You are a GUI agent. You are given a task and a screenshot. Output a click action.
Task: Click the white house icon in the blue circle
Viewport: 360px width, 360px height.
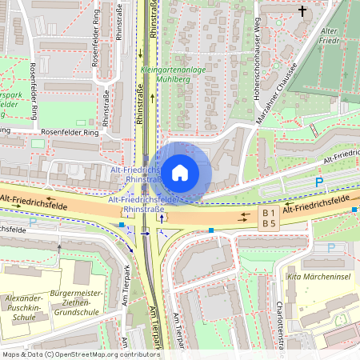point(180,171)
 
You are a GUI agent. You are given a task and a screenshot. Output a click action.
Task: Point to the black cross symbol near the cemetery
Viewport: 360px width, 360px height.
point(302,11)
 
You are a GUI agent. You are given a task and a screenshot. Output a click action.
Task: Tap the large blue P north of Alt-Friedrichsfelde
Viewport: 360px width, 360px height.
point(319,182)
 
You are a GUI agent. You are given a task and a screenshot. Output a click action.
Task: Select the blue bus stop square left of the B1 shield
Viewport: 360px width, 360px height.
point(211,230)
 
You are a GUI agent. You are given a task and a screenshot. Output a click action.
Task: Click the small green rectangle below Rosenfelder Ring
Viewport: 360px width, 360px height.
point(38,142)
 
